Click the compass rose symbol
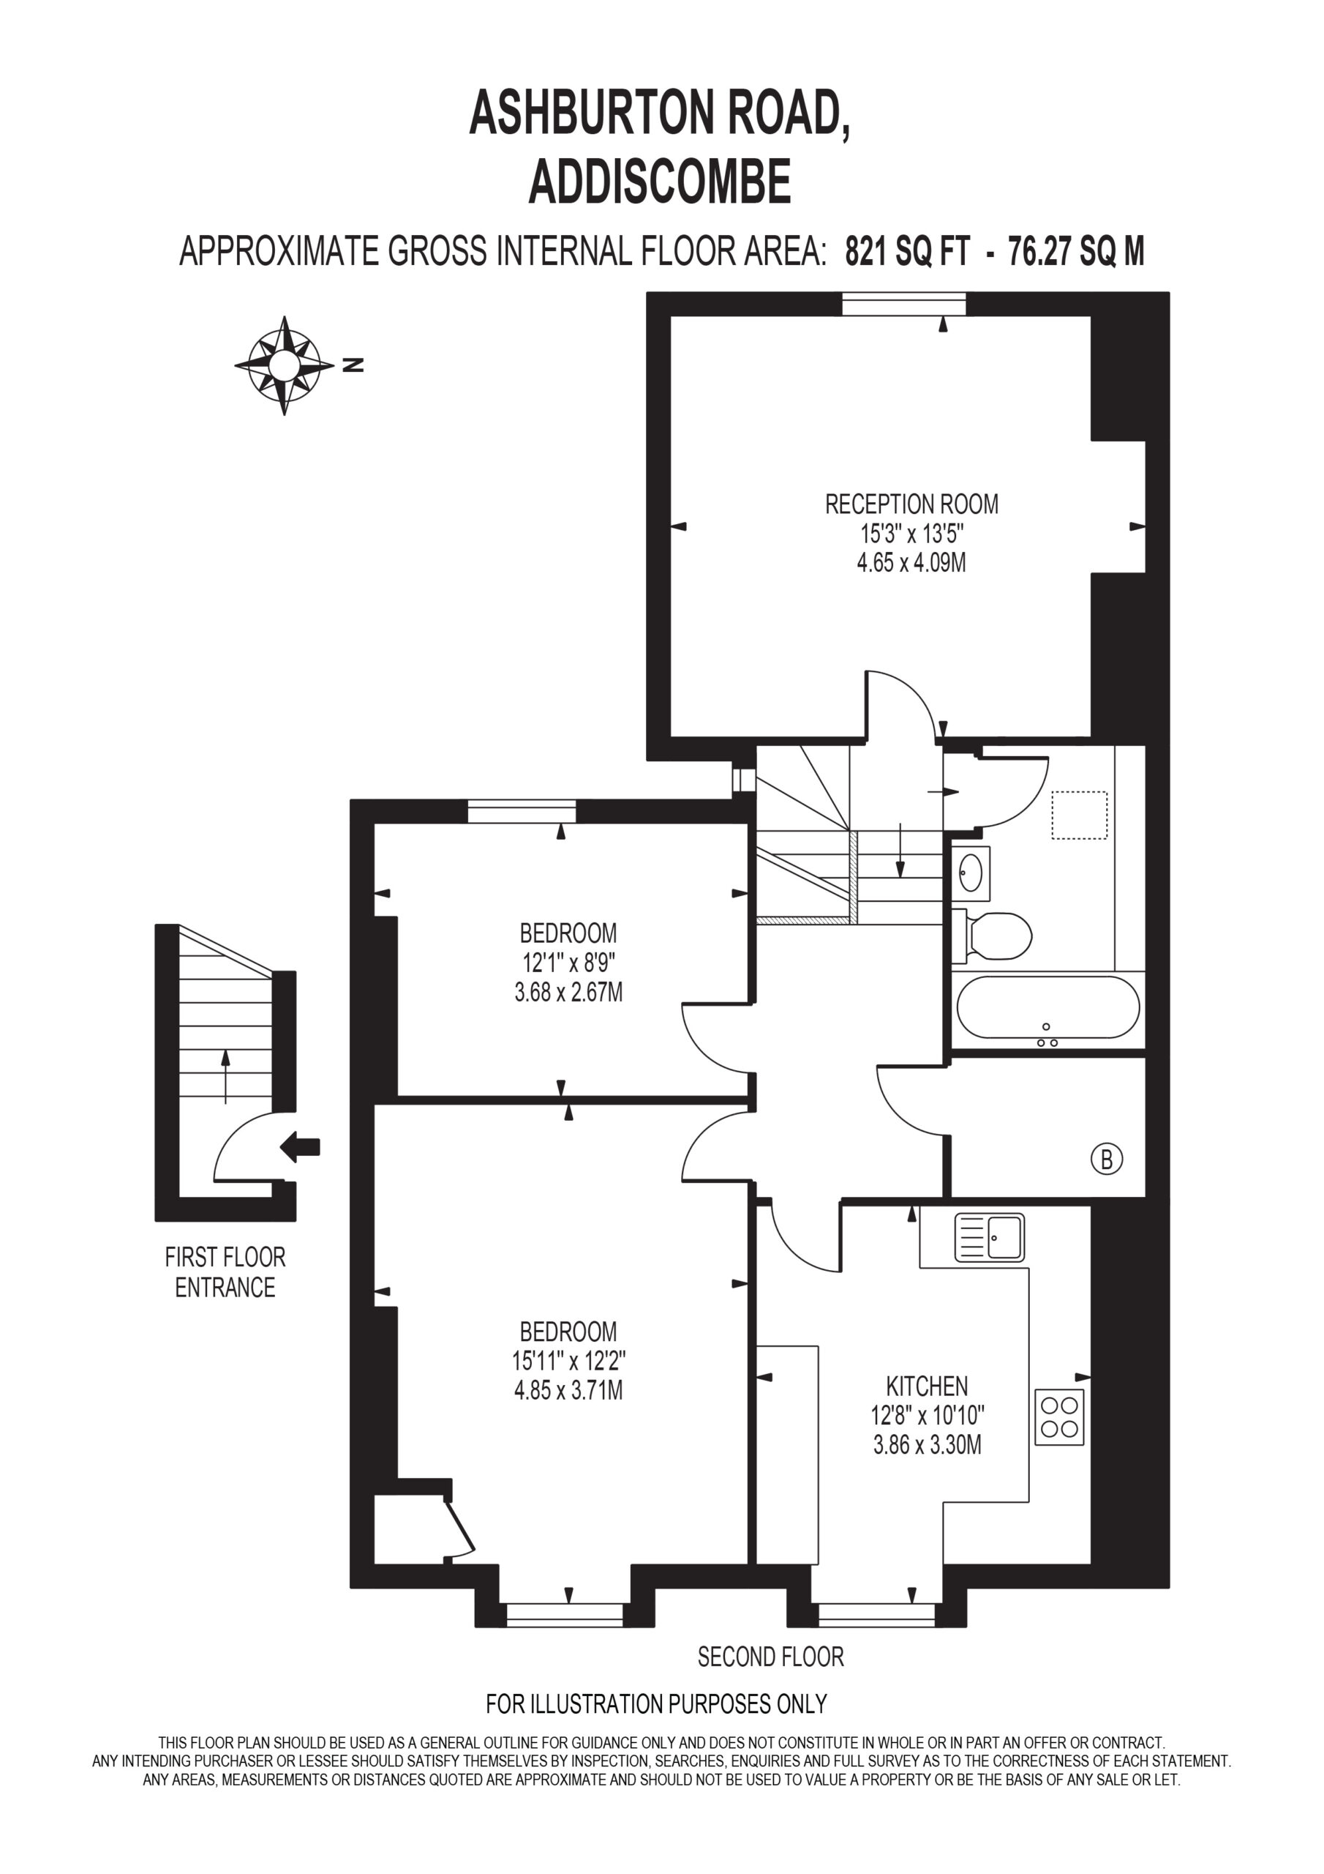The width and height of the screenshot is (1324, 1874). (x=284, y=366)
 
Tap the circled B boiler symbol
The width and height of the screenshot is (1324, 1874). (x=1107, y=1159)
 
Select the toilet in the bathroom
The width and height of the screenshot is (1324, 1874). (x=992, y=936)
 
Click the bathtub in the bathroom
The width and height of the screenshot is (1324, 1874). (x=1048, y=1009)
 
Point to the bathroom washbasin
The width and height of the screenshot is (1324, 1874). (x=971, y=873)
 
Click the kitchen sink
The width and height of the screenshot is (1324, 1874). (x=990, y=1237)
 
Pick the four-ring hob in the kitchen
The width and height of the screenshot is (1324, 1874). (x=1060, y=1418)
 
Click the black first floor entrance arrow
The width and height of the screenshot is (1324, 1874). (x=299, y=1147)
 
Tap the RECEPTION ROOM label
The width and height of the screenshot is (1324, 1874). (x=912, y=504)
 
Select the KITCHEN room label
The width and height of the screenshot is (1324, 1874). (x=928, y=1386)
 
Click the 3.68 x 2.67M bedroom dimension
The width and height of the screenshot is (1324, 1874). (x=568, y=993)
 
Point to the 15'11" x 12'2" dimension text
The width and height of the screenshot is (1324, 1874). (x=568, y=1361)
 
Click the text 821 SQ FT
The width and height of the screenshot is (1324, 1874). (x=907, y=250)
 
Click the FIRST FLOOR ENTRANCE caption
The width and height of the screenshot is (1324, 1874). (x=225, y=1272)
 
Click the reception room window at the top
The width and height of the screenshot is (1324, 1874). (x=904, y=304)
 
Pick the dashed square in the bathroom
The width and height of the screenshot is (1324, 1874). (x=1079, y=815)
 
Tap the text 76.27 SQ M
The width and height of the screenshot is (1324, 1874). (x=1077, y=250)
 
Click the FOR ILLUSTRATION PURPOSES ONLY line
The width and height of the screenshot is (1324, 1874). (x=657, y=1704)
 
